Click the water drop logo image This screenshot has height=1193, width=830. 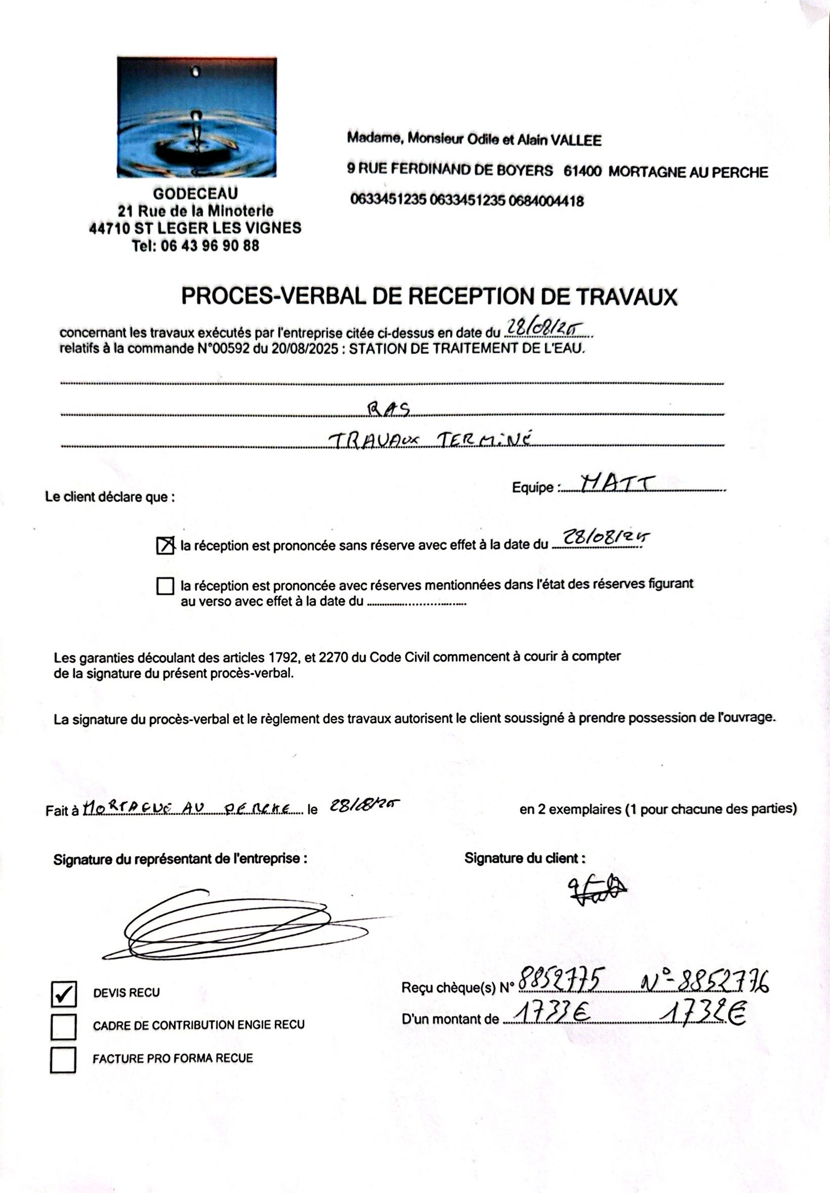pos(196,118)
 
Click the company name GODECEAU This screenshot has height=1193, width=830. pos(195,194)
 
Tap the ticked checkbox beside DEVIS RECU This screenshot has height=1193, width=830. pos(63,994)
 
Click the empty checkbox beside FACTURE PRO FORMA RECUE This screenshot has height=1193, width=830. pos(63,1060)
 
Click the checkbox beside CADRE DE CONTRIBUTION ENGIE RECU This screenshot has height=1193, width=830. pos(63,1027)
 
